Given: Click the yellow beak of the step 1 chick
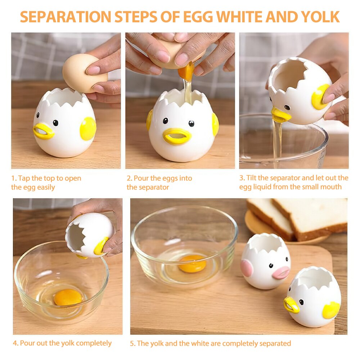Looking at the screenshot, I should [x=44, y=131].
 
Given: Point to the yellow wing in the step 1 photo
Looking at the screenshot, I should [x=88, y=129].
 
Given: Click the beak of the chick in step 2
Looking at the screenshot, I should [x=177, y=136].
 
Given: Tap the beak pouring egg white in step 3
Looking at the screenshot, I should [x=281, y=115].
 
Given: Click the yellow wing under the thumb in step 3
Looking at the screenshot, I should [x=320, y=97].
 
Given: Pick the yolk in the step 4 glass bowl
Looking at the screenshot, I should [x=68, y=297].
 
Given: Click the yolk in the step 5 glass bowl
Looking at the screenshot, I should [x=192, y=264].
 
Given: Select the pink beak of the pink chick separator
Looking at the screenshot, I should [x=281, y=273].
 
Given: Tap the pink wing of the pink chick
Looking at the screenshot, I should [x=247, y=268].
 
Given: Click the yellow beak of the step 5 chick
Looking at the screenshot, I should [x=291, y=305].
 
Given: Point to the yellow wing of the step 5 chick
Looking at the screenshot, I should [x=331, y=310].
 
